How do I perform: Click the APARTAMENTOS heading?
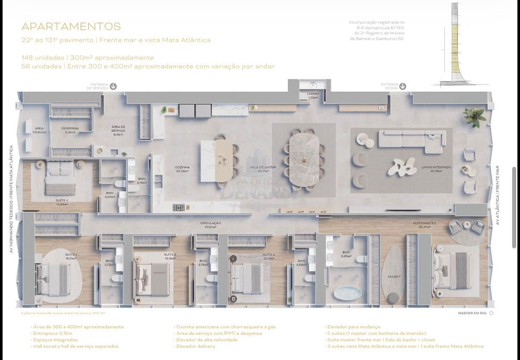(71, 27)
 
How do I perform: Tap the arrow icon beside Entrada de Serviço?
(113, 86)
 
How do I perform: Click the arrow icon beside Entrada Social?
(402, 86)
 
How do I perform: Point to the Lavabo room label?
(313, 95)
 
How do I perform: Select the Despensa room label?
(69, 130)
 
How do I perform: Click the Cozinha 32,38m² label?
(183, 169)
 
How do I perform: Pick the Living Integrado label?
(436, 169)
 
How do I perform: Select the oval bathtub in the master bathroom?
(348, 293)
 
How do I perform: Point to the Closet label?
(394, 276)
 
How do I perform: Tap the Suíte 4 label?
(62, 202)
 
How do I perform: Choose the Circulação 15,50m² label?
(210, 225)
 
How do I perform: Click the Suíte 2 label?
(170, 257)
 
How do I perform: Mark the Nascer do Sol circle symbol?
(491, 313)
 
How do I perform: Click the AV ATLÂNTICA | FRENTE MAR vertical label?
(497, 195)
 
